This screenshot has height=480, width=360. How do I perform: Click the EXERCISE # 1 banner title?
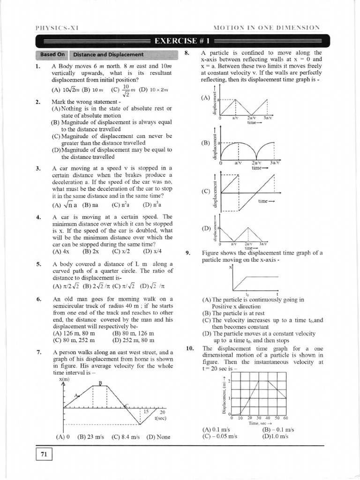(180, 41)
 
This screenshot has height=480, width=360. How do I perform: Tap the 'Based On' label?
(52, 54)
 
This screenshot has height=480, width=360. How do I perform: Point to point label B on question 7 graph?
(99, 383)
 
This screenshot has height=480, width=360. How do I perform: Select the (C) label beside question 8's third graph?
(205, 191)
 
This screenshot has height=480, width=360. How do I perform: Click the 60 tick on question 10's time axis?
(285, 418)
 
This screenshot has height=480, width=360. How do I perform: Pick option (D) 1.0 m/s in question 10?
(276, 435)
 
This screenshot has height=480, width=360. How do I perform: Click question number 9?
(187, 253)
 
